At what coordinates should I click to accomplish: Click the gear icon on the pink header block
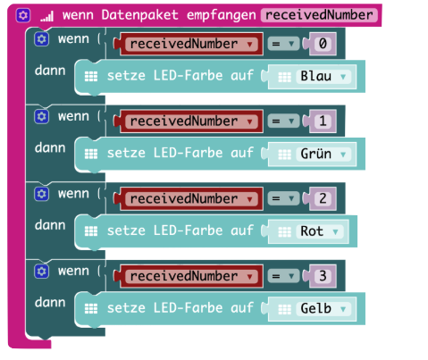(23, 15)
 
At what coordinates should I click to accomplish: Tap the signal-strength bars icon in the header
(47, 17)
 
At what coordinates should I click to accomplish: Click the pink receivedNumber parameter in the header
(319, 15)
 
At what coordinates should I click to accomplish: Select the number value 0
(323, 44)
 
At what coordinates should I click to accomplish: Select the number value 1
(323, 121)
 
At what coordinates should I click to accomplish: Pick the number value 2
(323, 199)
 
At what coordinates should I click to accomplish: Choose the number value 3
(323, 276)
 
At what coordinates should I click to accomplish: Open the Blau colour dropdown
(323, 77)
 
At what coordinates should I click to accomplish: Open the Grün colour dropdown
(323, 155)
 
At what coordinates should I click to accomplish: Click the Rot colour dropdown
(320, 231)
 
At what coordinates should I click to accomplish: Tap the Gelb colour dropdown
(323, 309)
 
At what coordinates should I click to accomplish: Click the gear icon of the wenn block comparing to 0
(41, 39)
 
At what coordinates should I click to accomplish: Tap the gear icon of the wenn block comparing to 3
(41, 272)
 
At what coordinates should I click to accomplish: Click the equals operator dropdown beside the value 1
(283, 121)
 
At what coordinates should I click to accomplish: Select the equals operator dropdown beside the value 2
(283, 199)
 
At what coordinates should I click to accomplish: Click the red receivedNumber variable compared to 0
(191, 44)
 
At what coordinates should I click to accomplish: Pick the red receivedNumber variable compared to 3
(191, 276)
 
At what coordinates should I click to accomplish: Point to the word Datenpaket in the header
(139, 15)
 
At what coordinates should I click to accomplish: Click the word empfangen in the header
(221, 15)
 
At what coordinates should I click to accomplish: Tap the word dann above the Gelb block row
(50, 303)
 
